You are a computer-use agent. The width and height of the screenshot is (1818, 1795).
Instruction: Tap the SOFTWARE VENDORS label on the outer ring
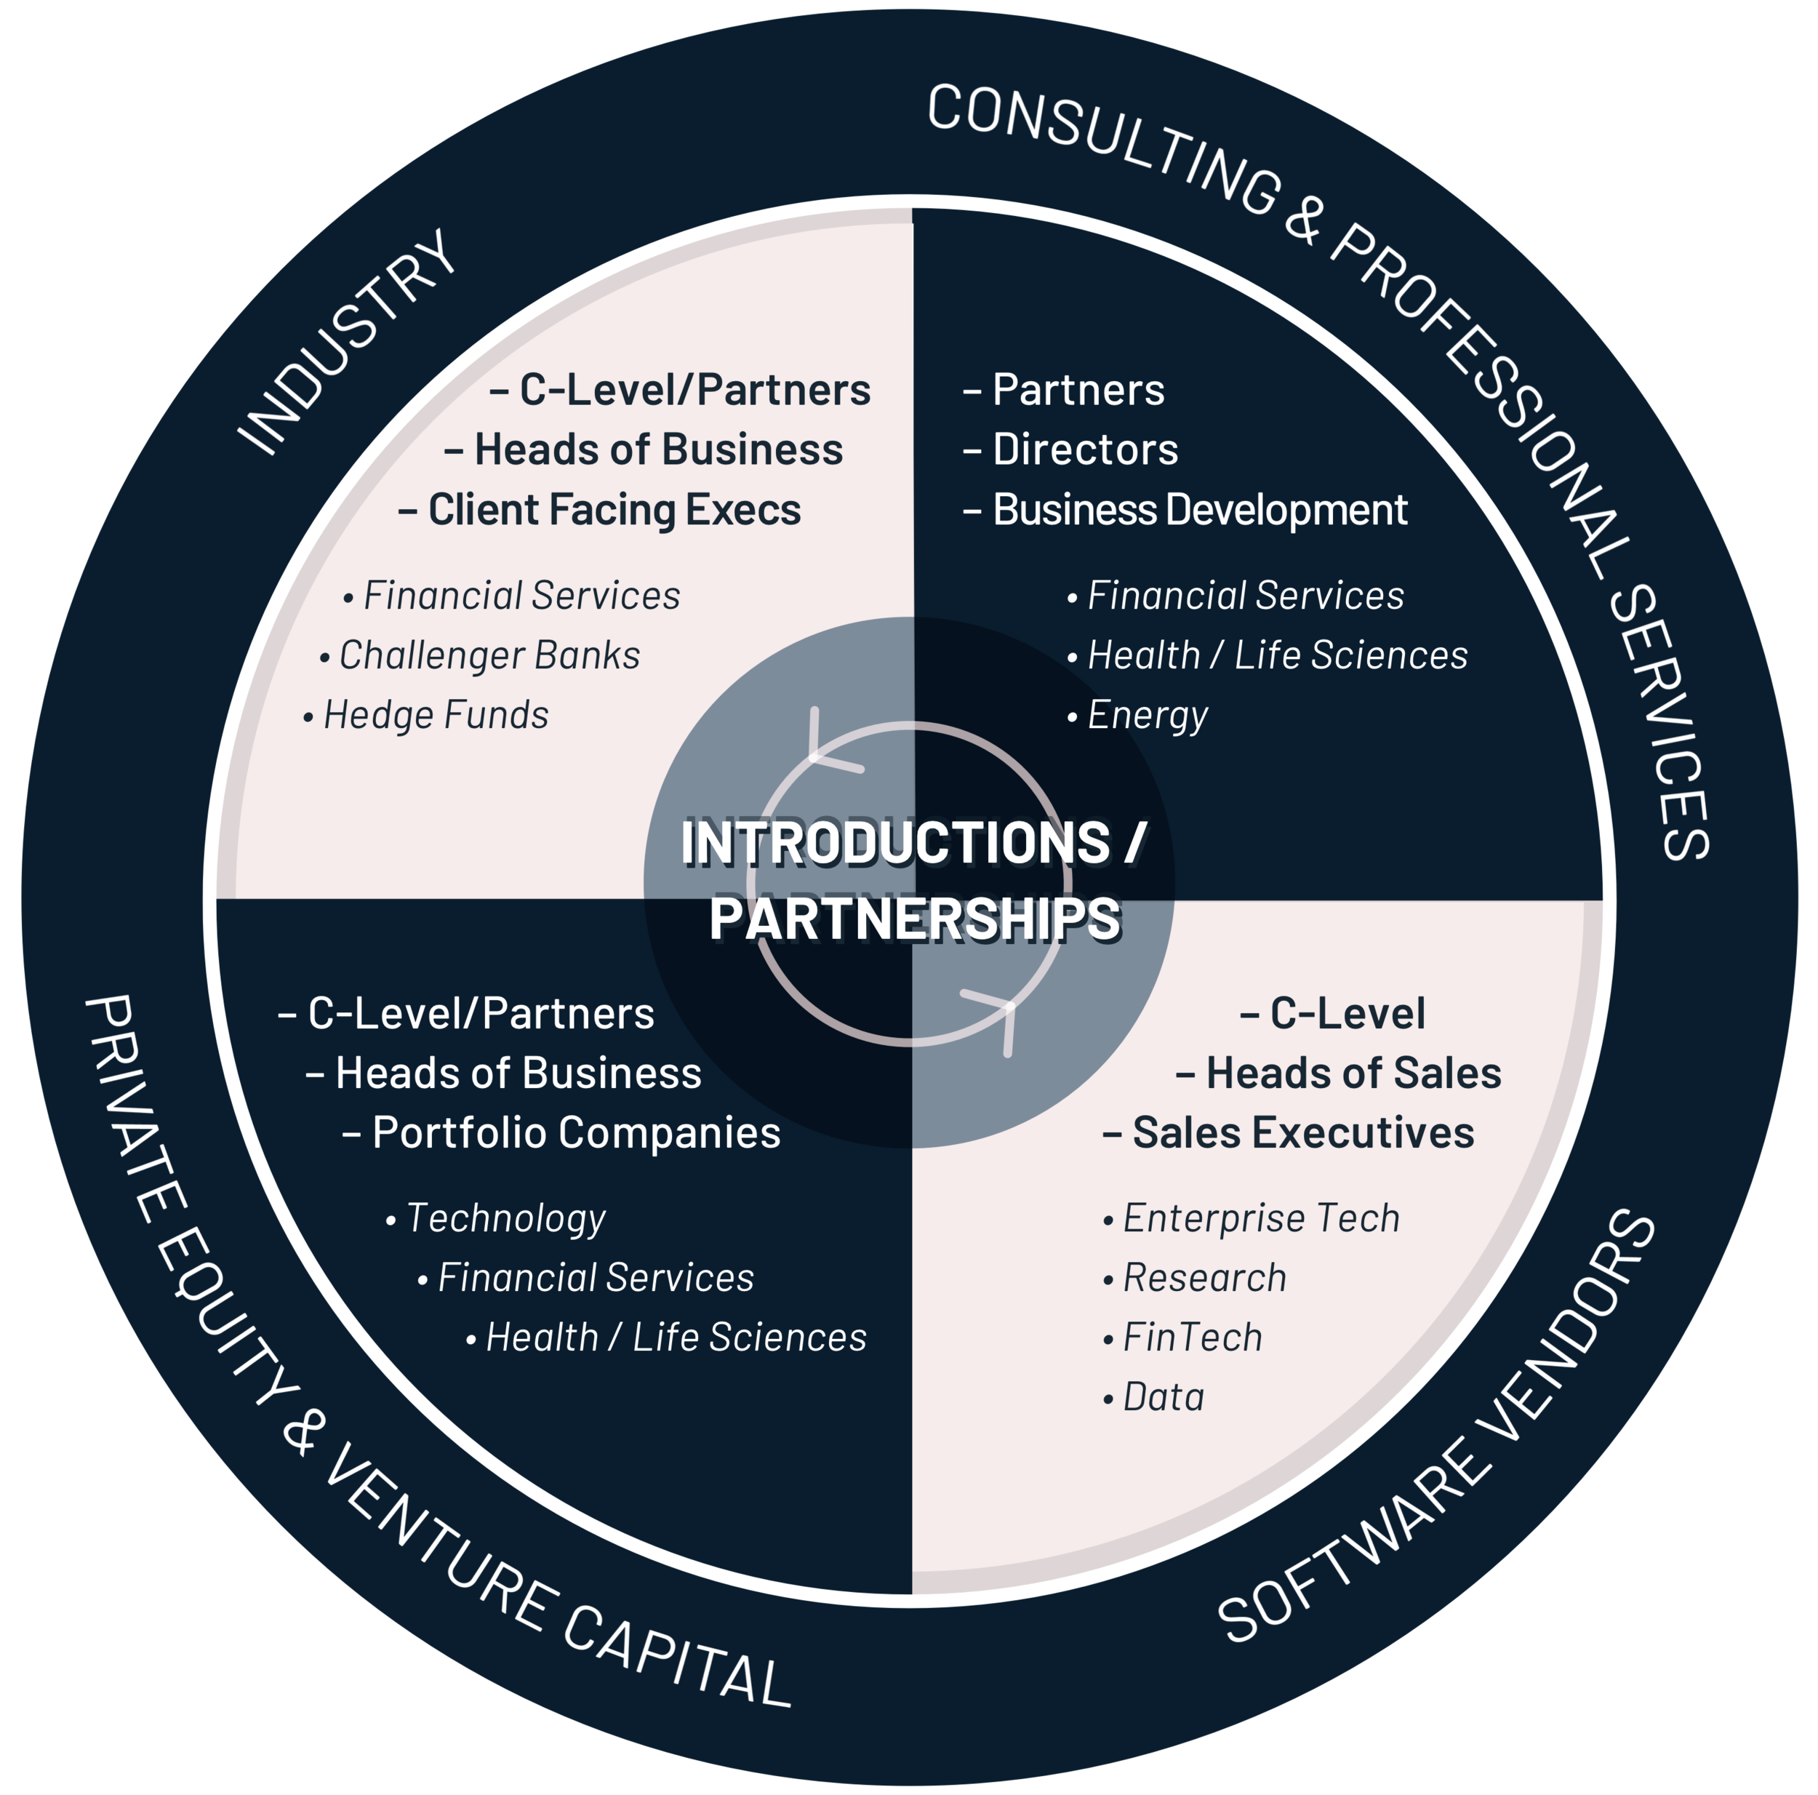coord(1437,1426)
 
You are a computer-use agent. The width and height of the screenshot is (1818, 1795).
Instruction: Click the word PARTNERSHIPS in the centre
coord(915,919)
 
